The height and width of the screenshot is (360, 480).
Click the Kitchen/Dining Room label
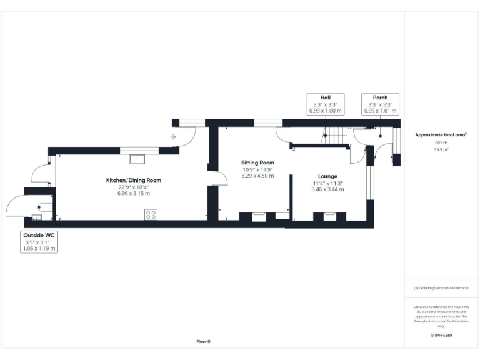133,180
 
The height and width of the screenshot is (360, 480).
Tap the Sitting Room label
258,162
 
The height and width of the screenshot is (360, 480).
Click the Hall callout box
325,104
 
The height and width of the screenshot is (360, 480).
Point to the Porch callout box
380,104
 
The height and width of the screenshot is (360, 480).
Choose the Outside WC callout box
40,241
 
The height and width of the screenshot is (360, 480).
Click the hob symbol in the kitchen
151,214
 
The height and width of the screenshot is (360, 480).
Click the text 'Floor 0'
204,341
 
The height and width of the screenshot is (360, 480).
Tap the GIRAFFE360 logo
441,336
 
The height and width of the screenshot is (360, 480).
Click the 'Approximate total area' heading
441,134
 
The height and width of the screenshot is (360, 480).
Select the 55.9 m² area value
441,150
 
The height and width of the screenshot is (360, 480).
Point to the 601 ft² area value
441,143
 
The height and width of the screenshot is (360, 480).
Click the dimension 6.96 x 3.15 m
133,193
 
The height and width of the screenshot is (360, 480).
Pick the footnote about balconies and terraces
441,288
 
